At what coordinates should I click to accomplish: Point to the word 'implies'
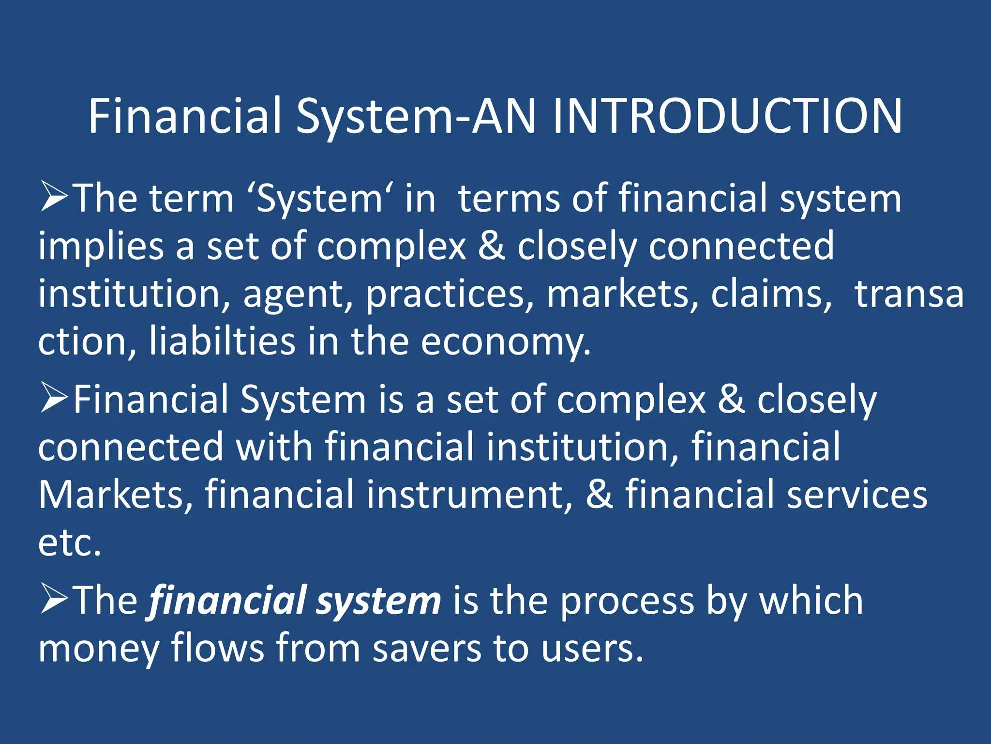[101, 246]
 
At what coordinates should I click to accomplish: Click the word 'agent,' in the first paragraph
[298, 294]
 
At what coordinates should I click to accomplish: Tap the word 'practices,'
[450, 294]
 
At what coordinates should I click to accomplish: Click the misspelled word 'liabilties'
[222, 341]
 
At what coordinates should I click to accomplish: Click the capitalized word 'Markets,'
[116, 495]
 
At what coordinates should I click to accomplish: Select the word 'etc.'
[70, 543]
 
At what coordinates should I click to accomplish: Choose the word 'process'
[627, 601]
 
